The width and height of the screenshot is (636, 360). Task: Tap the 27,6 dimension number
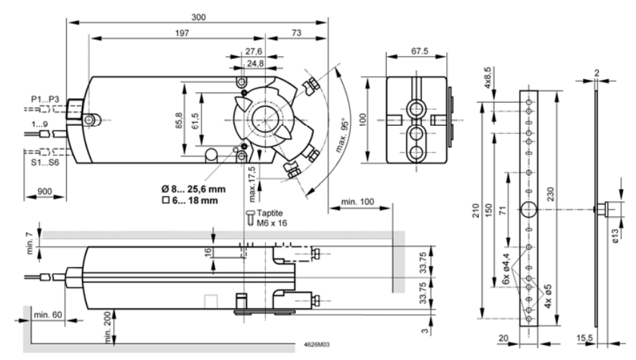click(254, 52)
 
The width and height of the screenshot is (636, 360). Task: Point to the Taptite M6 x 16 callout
click(271, 218)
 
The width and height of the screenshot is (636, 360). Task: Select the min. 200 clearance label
click(107, 327)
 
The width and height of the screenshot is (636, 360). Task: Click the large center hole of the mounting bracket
click(530, 209)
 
